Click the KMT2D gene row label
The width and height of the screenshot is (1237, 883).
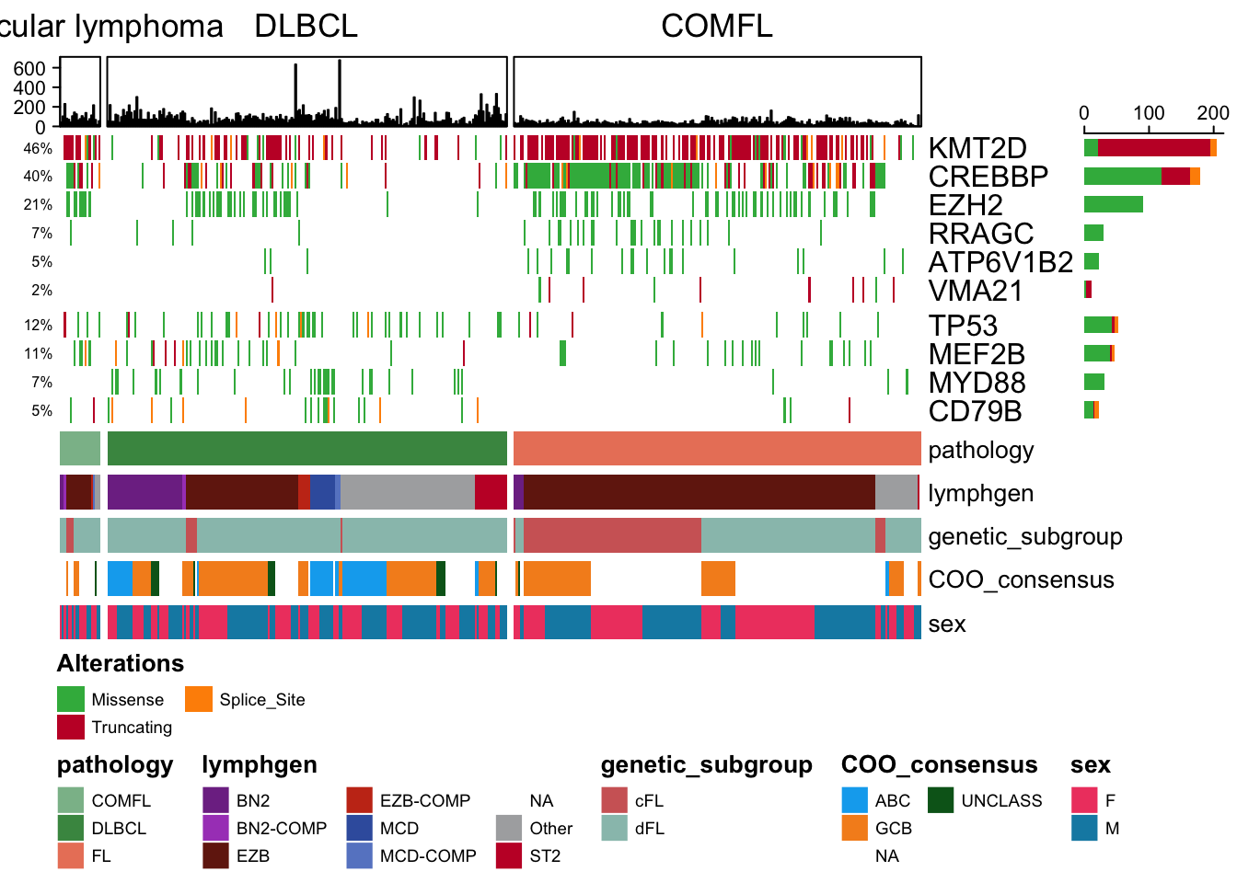pos(977,148)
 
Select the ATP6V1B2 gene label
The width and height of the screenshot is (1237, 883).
pos(1000,262)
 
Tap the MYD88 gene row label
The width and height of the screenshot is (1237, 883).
pos(977,383)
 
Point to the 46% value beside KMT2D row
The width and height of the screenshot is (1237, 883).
pos(38,148)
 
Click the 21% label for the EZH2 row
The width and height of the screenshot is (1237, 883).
pos(38,205)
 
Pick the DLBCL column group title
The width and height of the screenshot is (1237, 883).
pos(306,26)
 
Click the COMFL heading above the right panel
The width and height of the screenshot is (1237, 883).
pos(717,26)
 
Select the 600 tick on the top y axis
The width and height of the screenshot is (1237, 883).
pos(29,68)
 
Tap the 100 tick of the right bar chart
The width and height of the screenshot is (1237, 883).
pos(1149,113)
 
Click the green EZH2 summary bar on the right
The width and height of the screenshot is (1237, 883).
pos(1114,204)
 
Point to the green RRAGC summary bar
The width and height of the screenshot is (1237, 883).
pos(1093,233)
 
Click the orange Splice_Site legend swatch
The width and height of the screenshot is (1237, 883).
pos(199,699)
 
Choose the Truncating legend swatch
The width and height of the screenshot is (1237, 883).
pos(71,727)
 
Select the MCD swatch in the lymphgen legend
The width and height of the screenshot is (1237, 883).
pos(360,828)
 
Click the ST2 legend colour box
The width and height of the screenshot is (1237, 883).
pos(509,855)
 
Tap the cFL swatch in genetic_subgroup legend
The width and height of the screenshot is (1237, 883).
pos(614,800)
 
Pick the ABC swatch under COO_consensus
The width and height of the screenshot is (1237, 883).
pos(855,800)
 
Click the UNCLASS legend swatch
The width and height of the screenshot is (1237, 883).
pos(941,800)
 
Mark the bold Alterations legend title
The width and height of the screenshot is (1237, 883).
pos(121,663)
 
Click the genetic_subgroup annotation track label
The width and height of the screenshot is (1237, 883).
pos(1025,537)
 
